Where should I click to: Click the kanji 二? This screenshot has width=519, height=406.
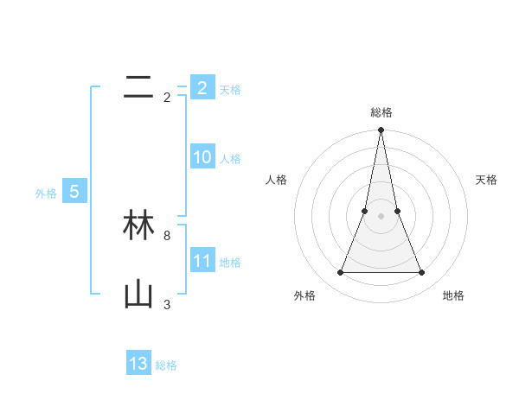tap(138, 87)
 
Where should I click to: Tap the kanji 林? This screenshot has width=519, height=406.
tap(138, 226)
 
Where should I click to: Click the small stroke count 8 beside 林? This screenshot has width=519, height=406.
tap(167, 235)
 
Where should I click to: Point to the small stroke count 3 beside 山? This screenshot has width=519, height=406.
tap(167, 304)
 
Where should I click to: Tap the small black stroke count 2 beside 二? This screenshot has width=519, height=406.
tap(167, 98)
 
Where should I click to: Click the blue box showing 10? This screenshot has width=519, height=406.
tap(202, 157)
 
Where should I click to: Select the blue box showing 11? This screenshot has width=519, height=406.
tap(202, 261)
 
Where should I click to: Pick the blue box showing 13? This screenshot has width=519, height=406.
tap(138, 364)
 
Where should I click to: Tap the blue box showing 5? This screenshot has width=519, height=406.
tap(74, 192)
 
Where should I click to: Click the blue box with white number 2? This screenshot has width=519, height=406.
tap(202, 88)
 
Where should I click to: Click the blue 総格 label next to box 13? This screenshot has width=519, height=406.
tap(166, 365)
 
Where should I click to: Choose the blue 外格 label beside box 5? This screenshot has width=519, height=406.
tap(46, 193)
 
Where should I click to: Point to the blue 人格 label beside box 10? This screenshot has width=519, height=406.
tap(230, 159)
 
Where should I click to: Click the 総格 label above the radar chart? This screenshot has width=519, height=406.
tap(381, 112)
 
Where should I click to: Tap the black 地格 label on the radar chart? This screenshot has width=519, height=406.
tap(453, 295)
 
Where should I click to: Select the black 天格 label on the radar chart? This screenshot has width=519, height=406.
tap(486, 180)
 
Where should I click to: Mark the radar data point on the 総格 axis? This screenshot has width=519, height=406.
tap(381, 130)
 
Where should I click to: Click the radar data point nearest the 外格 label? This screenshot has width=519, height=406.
tap(340, 273)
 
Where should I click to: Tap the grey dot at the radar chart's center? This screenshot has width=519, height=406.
tap(381, 216)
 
